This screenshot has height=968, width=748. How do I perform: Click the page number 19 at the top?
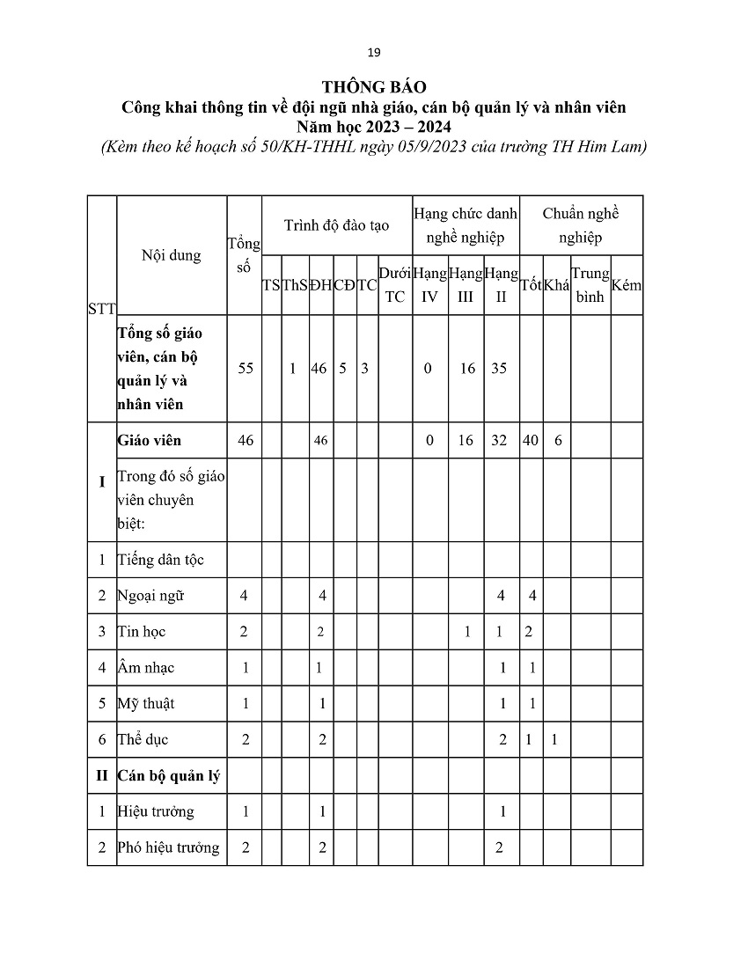[x=374, y=54]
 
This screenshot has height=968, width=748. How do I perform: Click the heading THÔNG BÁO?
[x=374, y=87]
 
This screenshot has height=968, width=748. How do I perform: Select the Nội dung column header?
[x=171, y=255]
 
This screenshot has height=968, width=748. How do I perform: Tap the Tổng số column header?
[x=244, y=255]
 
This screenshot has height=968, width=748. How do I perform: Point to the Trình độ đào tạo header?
[x=336, y=225]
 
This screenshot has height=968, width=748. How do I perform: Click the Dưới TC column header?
[x=395, y=285]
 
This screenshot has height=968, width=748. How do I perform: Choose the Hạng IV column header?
[x=429, y=285]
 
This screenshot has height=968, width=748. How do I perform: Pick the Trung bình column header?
[x=590, y=285]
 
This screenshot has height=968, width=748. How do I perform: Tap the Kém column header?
[x=627, y=285]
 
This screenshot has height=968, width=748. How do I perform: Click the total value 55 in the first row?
[x=246, y=369]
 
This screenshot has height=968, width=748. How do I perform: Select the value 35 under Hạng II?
[x=499, y=369]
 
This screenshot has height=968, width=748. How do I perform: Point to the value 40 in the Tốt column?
[x=531, y=440]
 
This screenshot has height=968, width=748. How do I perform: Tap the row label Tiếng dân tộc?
[x=161, y=560]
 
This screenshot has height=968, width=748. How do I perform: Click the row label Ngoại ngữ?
[x=150, y=596]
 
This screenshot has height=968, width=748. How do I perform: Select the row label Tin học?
[x=142, y=632]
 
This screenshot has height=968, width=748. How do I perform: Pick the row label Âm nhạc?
[x=146, y=668]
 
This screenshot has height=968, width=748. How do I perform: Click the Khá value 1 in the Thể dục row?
[x=554, y=740]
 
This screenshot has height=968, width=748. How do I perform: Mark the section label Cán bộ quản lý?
[x=168, y=775]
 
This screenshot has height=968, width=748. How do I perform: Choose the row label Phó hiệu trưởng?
[x=169, y=847]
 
